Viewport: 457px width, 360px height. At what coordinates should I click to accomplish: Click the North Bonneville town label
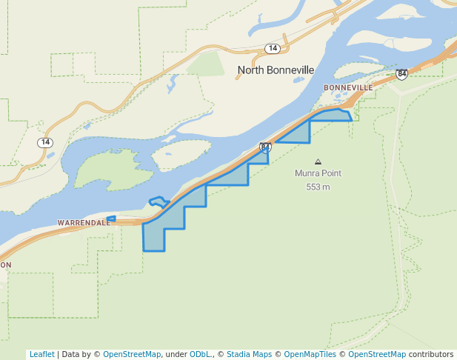276,70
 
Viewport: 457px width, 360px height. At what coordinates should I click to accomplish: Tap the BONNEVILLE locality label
348,87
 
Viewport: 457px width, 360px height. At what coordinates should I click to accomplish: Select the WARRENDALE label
83,222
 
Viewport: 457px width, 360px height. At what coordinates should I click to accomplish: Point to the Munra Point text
318,173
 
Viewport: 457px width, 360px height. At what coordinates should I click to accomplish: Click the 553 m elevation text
318,187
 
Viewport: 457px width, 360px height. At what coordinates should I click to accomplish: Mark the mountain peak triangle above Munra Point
318,161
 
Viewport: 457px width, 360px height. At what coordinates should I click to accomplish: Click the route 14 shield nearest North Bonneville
273,48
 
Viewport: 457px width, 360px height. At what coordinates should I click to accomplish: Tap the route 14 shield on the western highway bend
46,142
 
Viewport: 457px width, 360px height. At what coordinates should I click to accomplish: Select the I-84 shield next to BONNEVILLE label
401,74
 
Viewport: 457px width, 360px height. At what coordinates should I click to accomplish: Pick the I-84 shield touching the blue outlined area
265,147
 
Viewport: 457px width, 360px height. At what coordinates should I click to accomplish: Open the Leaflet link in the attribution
41,354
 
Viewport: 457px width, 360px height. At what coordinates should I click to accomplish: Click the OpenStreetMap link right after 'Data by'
132,354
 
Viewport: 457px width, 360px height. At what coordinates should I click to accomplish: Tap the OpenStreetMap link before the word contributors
377,354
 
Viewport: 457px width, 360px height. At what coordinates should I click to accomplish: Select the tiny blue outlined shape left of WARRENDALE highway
111,219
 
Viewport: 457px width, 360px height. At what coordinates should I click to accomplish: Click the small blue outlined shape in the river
159,201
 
